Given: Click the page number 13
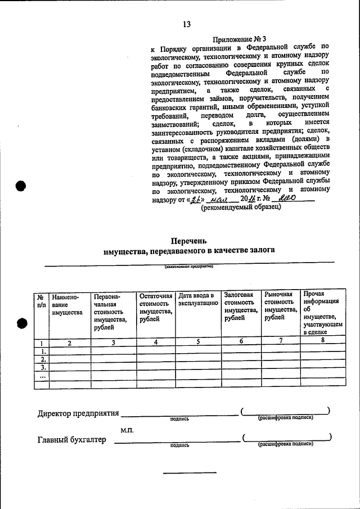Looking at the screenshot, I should click(x=187, y=24).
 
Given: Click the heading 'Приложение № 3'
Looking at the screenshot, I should click(x=239, y=39).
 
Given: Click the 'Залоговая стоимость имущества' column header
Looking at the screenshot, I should click(x=238, y=306).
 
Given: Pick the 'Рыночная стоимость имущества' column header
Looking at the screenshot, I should click(x=280, y=306).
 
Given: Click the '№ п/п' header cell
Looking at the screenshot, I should click(x=41, y=300).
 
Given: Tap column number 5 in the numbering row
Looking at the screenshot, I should click(x=198, y=341).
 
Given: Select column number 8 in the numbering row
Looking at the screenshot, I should click(x=323, y=341).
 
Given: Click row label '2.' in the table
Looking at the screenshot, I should click(x=42, y=359).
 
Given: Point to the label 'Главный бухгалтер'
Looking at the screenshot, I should click(x=71, y=440).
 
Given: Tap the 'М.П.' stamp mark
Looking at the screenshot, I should click(x=127, y=430).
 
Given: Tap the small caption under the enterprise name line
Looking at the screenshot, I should click(x=188, y=267).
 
